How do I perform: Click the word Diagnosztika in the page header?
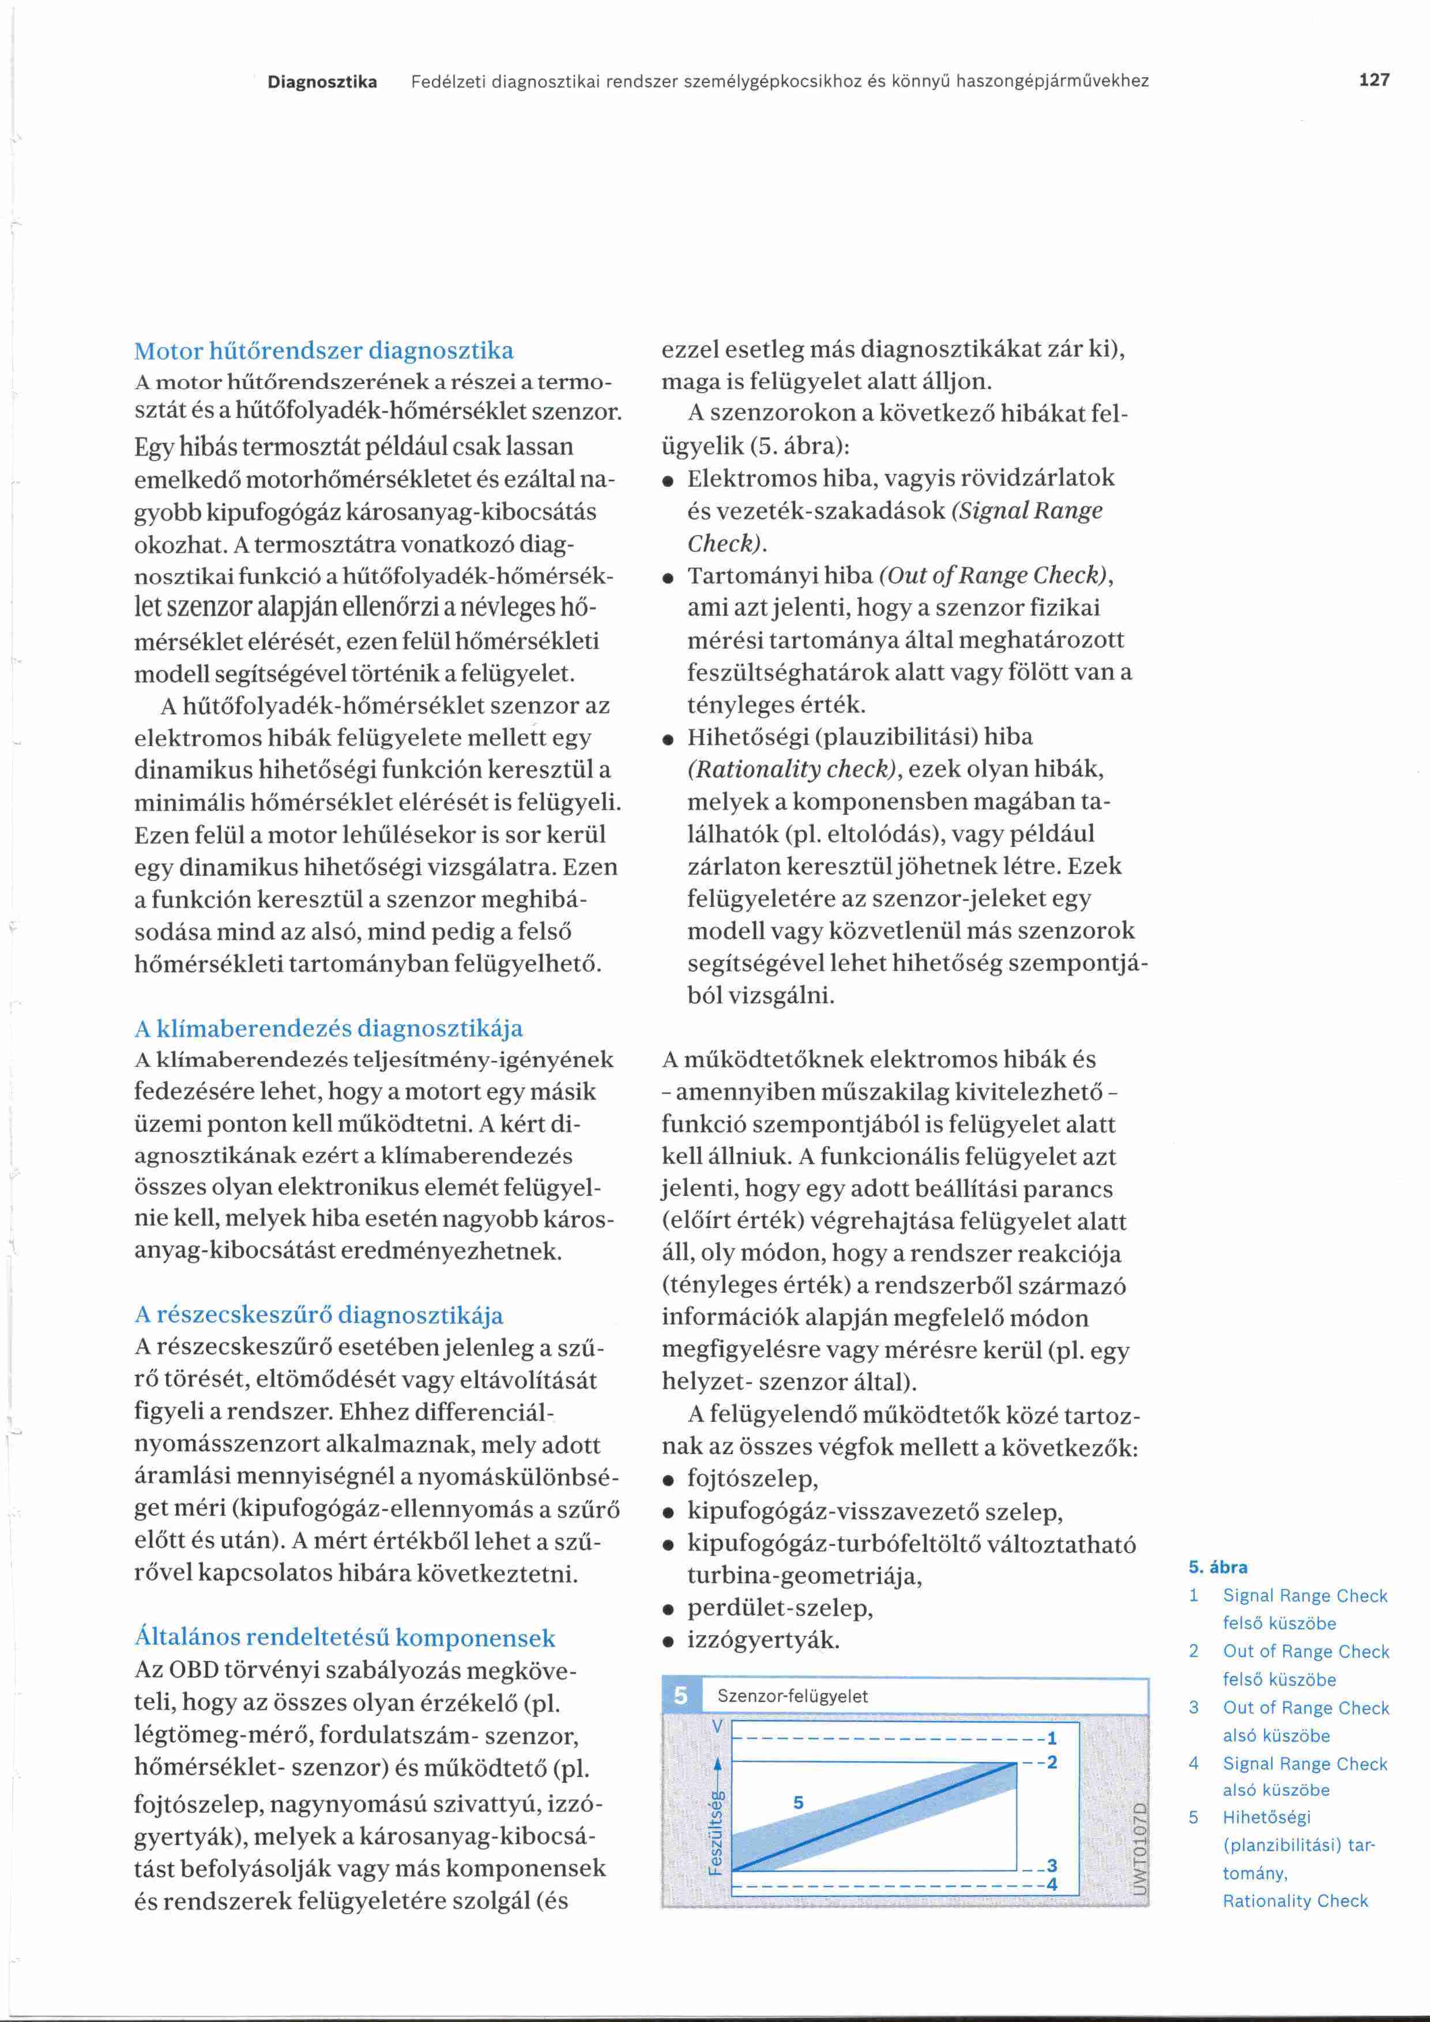[322, 82]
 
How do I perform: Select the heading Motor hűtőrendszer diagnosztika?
[323, 351]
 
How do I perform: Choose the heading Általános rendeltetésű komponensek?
[344, 1637]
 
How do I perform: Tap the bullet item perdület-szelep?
[780, 1607]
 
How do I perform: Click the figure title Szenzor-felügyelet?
[792, 1696]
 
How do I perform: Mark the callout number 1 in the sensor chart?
[1051, 1738]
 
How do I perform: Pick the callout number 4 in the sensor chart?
[1051, 1885]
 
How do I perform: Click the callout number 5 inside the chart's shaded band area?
[798, 1803]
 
